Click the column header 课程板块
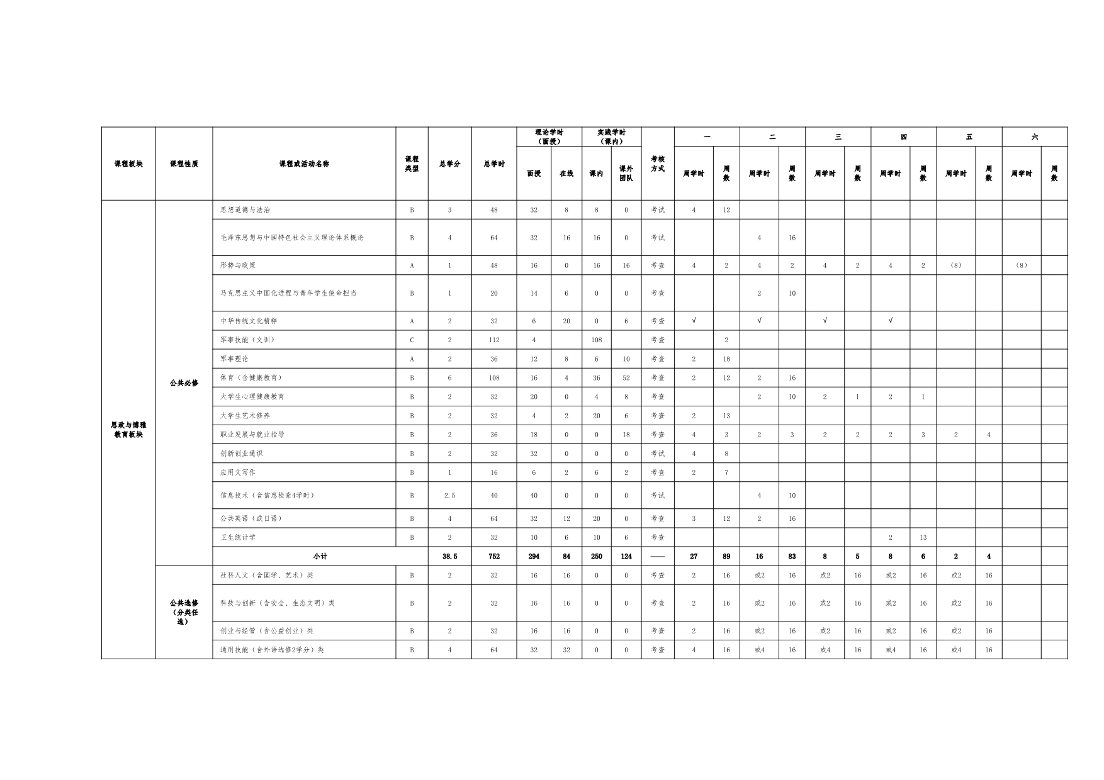(x=128, y=164)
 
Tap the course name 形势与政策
(x=238, y=265)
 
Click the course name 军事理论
(x=234, y=359)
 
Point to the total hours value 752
(x=494, y=557)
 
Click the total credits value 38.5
(x=449, y=557)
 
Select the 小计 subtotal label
(x=320, y=557)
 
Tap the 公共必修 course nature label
(x=184, y=383)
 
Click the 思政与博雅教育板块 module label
(x=128, y=430)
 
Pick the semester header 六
(x=1034, y=137)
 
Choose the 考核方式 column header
(x=658, y=164)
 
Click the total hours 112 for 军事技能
(x=494, y=340)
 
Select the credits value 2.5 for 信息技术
(x=449, y=496)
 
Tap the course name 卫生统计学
(x=238, y=538)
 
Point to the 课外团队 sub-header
(x=626, y=174)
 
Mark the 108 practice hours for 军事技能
(x=597, y=340)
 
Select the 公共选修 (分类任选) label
(x=184, y=612)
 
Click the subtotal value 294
(x=534, y=557)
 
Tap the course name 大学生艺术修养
(x=245, y=416)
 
